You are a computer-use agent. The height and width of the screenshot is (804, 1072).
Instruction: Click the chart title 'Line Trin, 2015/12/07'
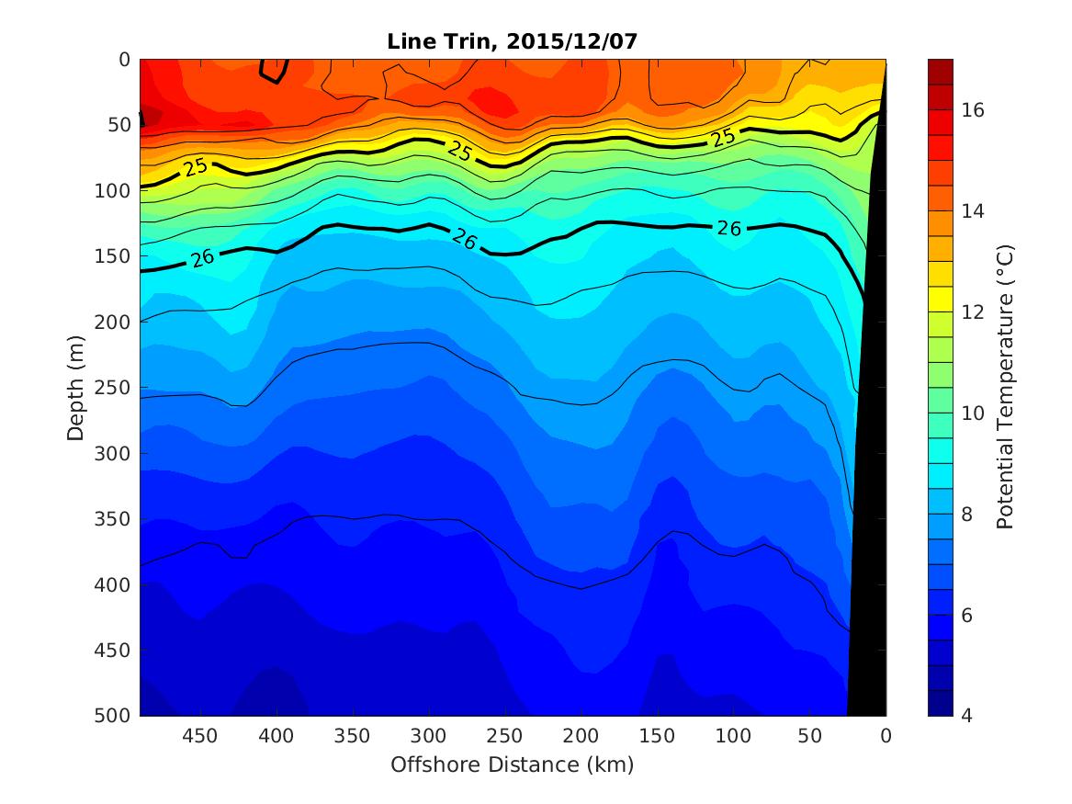(x=513, y=40)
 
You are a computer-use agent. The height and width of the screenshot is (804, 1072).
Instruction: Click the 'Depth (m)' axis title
(x=75, y=387)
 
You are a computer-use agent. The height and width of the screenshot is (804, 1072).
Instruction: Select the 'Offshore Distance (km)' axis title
(x=513, y=764)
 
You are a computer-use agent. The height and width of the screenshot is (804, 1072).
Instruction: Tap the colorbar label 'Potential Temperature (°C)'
(x=1004, y=387)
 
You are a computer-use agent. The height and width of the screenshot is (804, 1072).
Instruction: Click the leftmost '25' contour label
(x=195, y=167)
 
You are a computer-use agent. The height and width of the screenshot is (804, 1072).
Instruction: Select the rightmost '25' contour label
(x=723, y=138)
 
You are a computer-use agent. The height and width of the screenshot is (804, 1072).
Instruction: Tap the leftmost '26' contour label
(x=202, y=257)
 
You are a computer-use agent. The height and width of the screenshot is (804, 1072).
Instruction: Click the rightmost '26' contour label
(x=728, y=228)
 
